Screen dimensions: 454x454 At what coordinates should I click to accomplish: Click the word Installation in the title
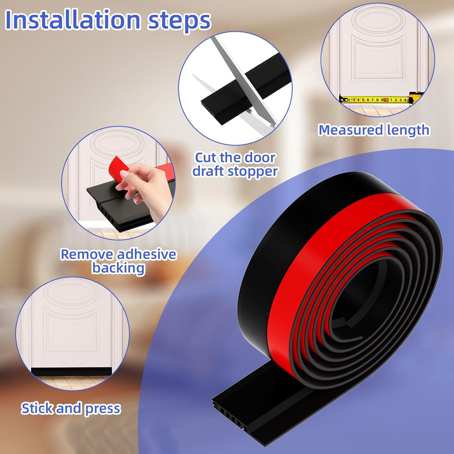click(73, 20)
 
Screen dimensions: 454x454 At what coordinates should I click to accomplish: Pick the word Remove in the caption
click(87, 254)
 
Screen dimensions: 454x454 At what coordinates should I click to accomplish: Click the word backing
click(118, 268)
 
